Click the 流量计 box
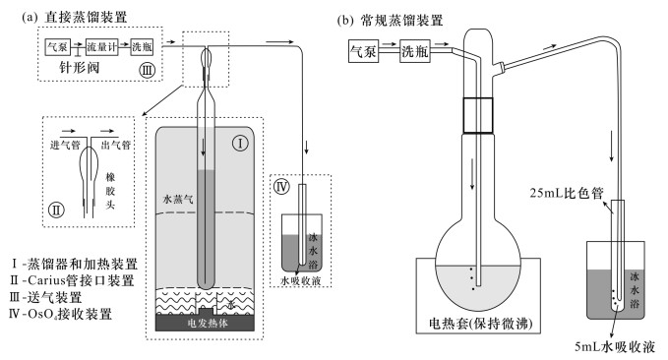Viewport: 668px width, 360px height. pyautogui.click(x=101, y=47)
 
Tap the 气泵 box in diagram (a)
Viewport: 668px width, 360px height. pyautogui.click(x=57, y=47)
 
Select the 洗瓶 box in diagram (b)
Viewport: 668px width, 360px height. pyautogui.click(x=415, y=51)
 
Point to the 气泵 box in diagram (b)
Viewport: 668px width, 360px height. pyautogui.click(x=363, y=51)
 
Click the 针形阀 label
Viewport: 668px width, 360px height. pyautogui.click(x=80, y=67)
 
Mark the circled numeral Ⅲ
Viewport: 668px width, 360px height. pyautogui.click(x=147, y=70)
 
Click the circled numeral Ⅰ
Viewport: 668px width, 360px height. pyautogui.click(x=240, y=144)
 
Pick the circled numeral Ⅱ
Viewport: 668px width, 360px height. pyautogui.click(x=57, y=210)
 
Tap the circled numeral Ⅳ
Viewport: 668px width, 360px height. pyautogui.click(x=281, y=187)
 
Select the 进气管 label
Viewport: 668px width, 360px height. pyautogui.click(x=65, y=146)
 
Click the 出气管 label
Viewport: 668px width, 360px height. pyautogui.click(x=116, y=146)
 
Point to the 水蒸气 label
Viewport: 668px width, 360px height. pyautogui.click(x=178, y=199)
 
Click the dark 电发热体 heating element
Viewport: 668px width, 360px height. pyautogui.click(x=206, y=323)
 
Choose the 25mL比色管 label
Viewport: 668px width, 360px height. pyautogui.click(x=567, y=193)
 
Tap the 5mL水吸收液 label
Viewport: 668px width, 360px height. pyautogui.click(x=614, y=347)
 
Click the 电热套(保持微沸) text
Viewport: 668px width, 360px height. pyautogui.click(x=480, y=324)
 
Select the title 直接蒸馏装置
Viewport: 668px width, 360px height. pyautogui.click(x=86, y=17)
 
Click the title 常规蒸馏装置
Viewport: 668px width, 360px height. pyautogui.click(x=401, y=20)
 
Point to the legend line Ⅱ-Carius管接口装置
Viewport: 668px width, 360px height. pyautogui.click(x=72, y=280)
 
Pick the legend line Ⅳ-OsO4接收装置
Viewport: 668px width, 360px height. pyautogui.click(x=60, y=314)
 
